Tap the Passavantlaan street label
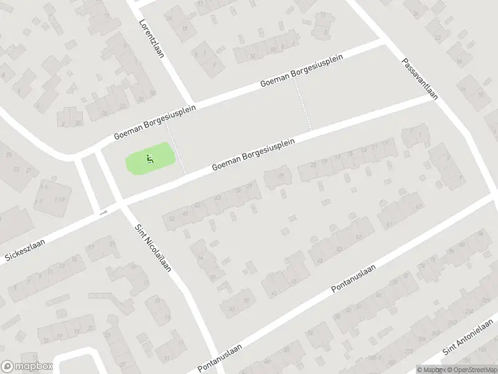421,79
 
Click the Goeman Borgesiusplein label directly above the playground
155,122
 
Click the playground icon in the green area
149,158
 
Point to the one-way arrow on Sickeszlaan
103,213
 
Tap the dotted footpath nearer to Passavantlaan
303,106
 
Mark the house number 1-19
60,199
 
